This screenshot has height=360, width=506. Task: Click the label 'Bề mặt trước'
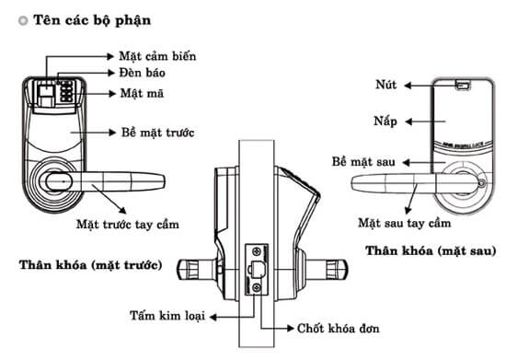coord(157,131)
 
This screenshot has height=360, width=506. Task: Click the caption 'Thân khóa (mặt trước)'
coord(90,265)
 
